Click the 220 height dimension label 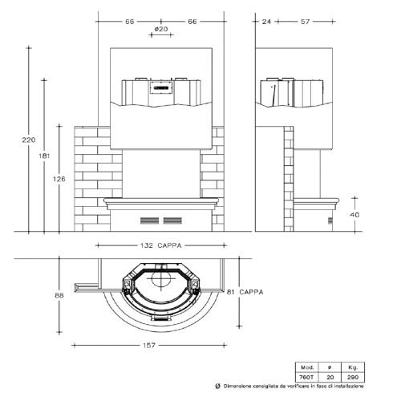pos(29,140)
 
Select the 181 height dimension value pos(44,156)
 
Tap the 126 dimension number pos(59,179)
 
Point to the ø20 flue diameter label pos(161,29)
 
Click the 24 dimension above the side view pos(266,22)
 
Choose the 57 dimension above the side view pos(305,22)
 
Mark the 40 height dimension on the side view pos(354,215)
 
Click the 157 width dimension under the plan pos(149,346)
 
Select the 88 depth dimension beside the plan pos(59,295)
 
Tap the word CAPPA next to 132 pos(169,245)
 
